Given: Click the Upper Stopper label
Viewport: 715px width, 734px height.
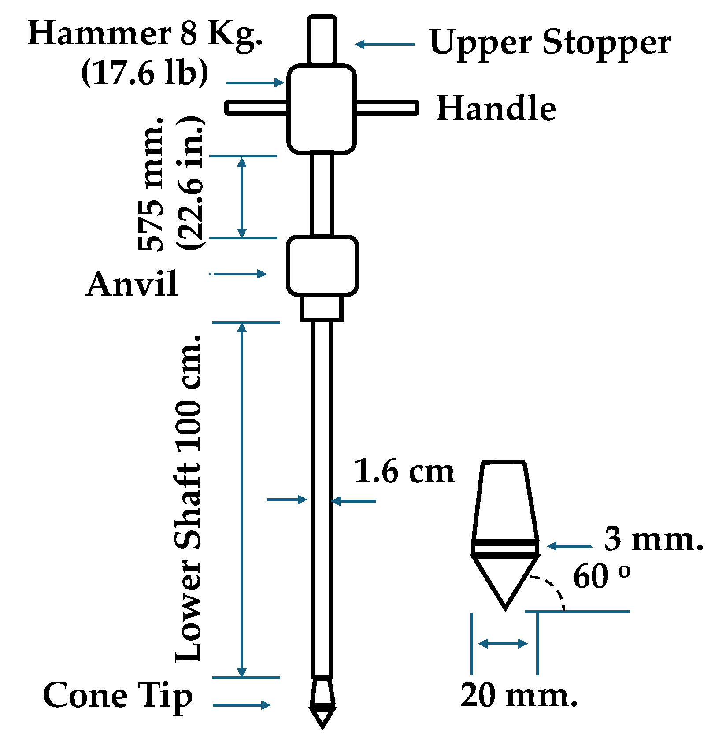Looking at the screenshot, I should pos(550,43).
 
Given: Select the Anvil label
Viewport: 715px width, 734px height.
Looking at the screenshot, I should pos(132,283).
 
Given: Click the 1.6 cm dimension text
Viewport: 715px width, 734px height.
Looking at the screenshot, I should pos(404,471).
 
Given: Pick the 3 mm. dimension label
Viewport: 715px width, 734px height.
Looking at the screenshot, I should pos(653,538).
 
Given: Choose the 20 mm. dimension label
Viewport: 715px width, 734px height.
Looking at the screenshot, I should pos(519,695).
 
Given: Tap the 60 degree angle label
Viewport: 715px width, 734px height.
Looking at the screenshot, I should pos(601,575).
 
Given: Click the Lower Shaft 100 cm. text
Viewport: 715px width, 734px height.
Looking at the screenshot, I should pos(189,498).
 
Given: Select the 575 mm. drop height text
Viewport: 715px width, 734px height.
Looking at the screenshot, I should pos(151,184).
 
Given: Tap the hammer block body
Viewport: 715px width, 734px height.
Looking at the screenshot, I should pos(322,109).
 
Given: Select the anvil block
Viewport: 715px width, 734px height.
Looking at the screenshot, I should pos(322,266).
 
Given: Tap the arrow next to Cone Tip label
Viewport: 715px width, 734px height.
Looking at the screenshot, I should pos(241,705).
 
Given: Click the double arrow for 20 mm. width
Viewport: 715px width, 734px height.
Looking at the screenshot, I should pos(503,644).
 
